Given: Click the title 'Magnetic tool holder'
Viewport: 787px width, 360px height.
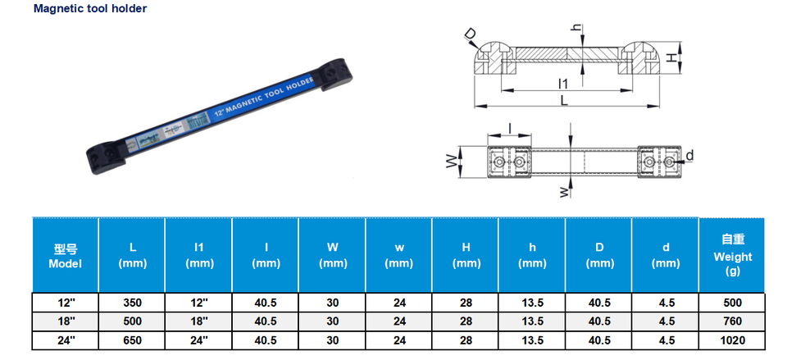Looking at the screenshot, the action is click(x=90, y=8).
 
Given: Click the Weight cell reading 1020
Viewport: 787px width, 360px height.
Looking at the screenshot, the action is click(x=733, y=340).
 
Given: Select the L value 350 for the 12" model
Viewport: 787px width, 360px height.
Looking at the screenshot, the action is click(x=133, y=303).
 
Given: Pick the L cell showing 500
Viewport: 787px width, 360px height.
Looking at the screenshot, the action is click(x=133, y=321).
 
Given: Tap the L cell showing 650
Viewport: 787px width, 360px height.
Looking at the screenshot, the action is click(x=133, y=340).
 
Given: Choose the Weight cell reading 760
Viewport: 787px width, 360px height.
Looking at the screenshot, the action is click(x=733, y=321).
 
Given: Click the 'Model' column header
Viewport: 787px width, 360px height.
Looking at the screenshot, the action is click(x=66, y=257).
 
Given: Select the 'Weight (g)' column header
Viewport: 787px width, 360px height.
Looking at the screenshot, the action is click(x=733, y=256).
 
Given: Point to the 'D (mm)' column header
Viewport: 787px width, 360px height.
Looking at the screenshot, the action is click(x=599, y=256).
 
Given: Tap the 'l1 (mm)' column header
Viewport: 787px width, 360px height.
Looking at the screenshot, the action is click(x=199, y=256).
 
